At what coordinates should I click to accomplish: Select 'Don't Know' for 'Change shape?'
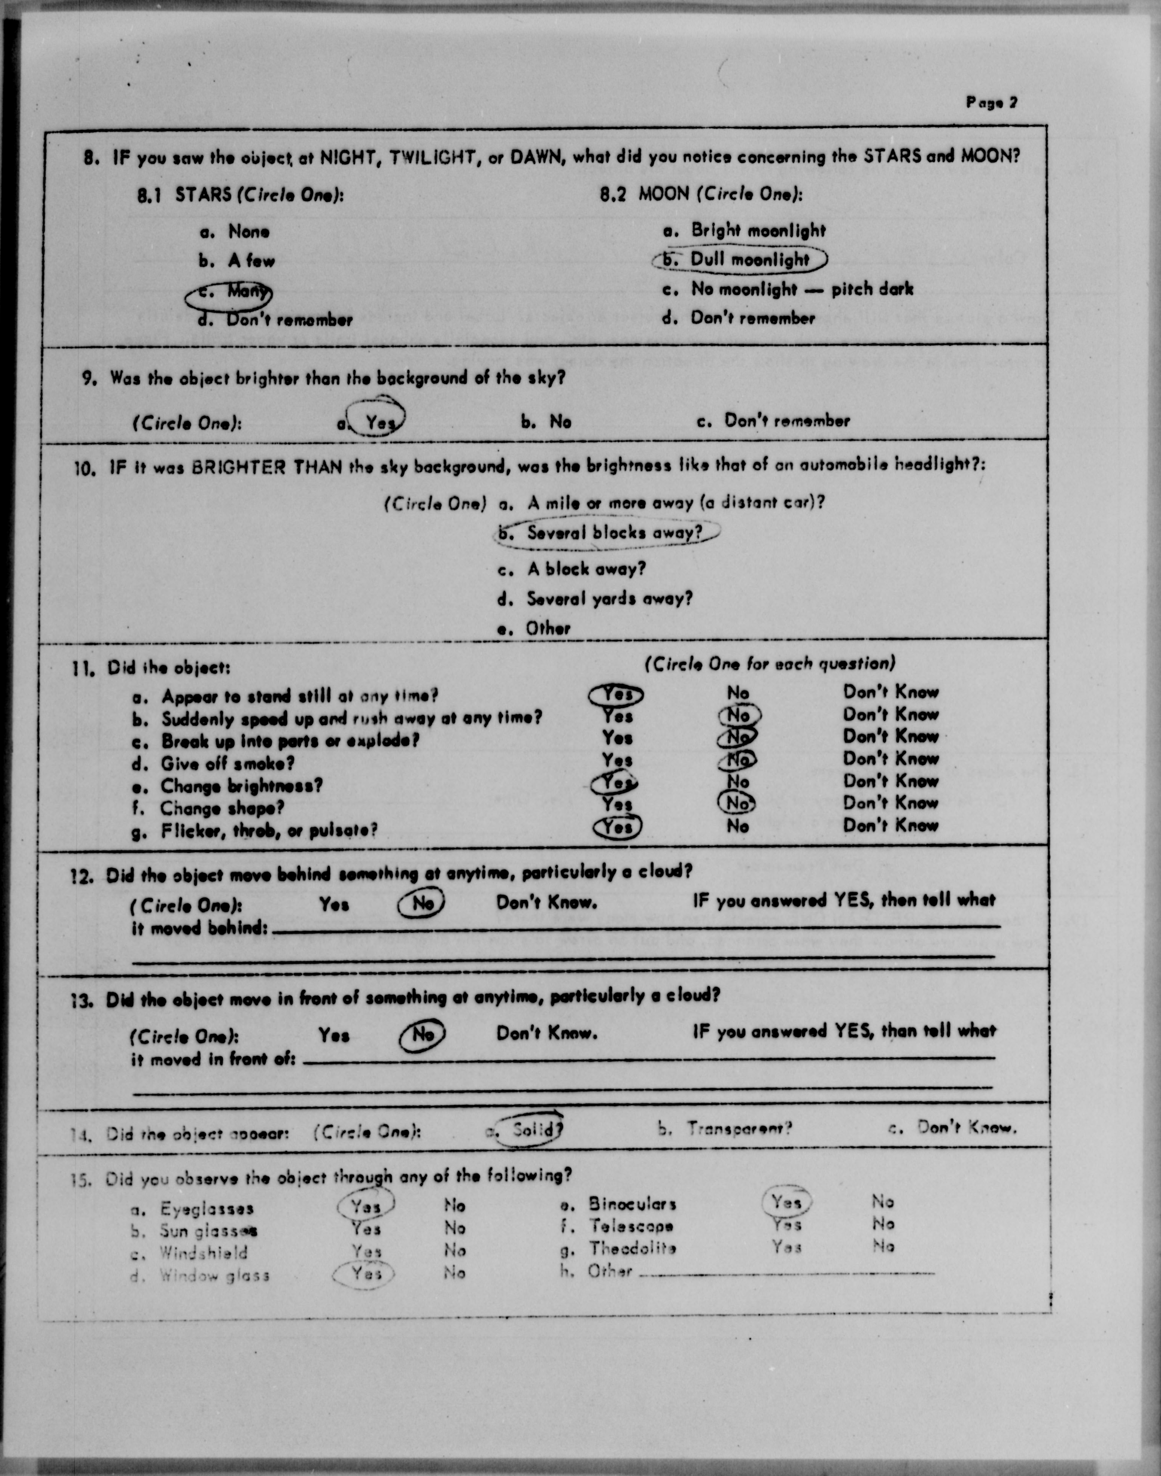pyautogui.click(x=890, y=803)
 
